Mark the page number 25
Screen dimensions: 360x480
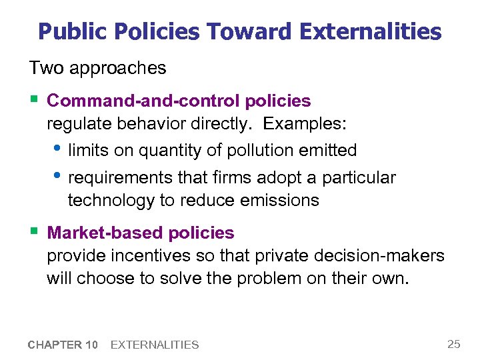coord(454,344)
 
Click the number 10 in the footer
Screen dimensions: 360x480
coord(91,345)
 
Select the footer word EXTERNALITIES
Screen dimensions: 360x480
coord(155,345)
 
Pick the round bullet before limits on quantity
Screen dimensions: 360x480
coord(57,148)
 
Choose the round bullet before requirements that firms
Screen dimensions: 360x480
coord(57,175)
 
